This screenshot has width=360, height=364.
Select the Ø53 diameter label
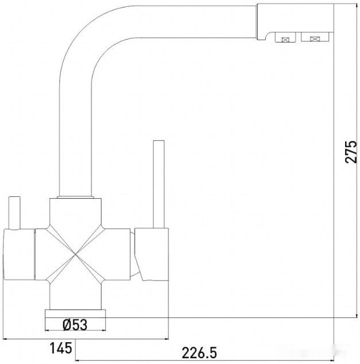point(76,325)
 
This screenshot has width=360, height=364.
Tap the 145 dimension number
point(60,347)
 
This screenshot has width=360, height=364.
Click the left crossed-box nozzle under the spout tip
point(283,38)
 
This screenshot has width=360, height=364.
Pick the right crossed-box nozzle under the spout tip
point(315,38)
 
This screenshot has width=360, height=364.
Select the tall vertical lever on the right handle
point(158,184)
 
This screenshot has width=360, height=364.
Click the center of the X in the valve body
point(76,254)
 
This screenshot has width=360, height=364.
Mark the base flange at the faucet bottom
point(76,314)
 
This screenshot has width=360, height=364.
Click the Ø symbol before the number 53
point(66,325)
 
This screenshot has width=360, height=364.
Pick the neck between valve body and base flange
point(76,296)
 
